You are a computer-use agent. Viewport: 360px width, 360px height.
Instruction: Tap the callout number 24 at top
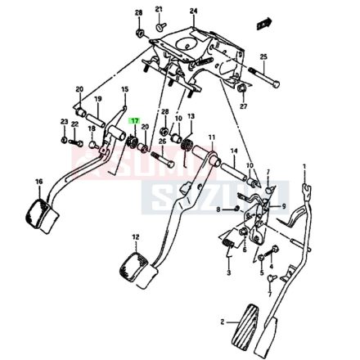pos(193,11)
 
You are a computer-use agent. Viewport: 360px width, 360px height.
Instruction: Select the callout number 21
pos(159,9)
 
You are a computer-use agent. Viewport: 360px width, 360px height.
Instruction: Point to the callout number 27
pos(243,106)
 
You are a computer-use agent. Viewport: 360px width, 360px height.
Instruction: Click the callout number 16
pos(38,182)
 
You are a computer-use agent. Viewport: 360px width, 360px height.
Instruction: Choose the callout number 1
pos(304,166)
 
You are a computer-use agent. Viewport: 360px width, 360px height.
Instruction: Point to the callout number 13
pos(191,117)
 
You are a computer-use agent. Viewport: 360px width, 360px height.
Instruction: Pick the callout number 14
pos(233,151)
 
